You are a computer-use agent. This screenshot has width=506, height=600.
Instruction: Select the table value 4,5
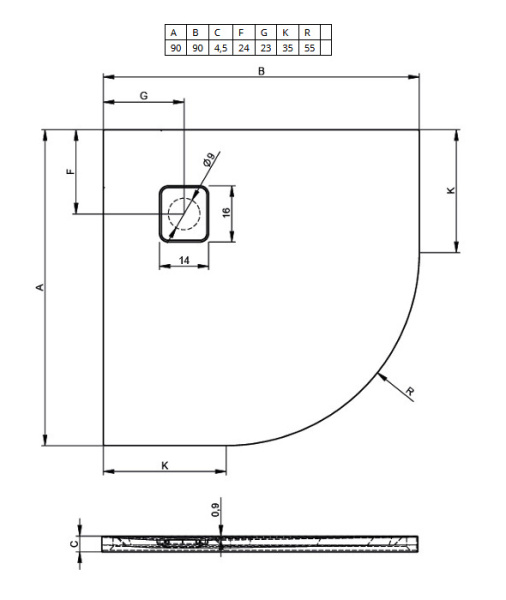coord(218,47)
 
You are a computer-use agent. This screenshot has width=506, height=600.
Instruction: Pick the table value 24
coord(241,47)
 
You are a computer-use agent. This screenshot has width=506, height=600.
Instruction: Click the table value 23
coord(263,47)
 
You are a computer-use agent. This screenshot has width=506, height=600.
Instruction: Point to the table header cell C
coord(218,33)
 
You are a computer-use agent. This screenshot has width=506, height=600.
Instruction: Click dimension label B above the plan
coord(261,70)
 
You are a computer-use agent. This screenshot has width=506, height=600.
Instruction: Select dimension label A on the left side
coord(39,288)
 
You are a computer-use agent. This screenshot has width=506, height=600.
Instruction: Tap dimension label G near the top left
coord(143,95)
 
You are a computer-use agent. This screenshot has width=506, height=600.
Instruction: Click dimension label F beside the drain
coord(69,171)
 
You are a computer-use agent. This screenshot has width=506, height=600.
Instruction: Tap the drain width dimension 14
coord(184,260)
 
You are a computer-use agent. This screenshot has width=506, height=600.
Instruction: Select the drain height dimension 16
coord(227,212)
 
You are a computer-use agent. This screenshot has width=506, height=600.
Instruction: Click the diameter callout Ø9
coord(208,159)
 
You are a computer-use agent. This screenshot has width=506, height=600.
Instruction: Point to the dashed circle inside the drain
coord(184,213)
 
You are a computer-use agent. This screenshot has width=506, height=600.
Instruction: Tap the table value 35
coord(285,47)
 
